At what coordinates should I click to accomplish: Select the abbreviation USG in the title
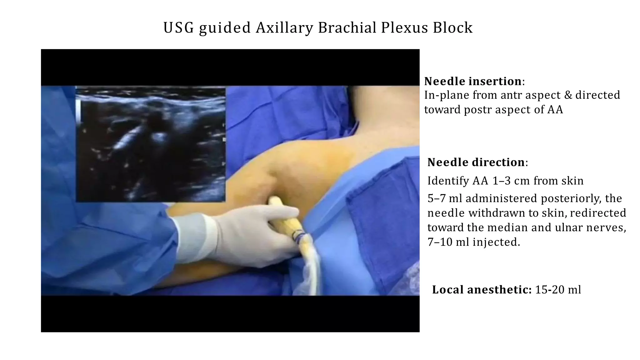click(x=178, y=28)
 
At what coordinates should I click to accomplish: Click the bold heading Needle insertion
click(x=472, y=81)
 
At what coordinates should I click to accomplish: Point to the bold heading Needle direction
click(x=476, y=162)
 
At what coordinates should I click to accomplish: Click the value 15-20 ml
click(x=558, y=290)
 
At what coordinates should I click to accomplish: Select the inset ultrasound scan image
click(x=151, y=144)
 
